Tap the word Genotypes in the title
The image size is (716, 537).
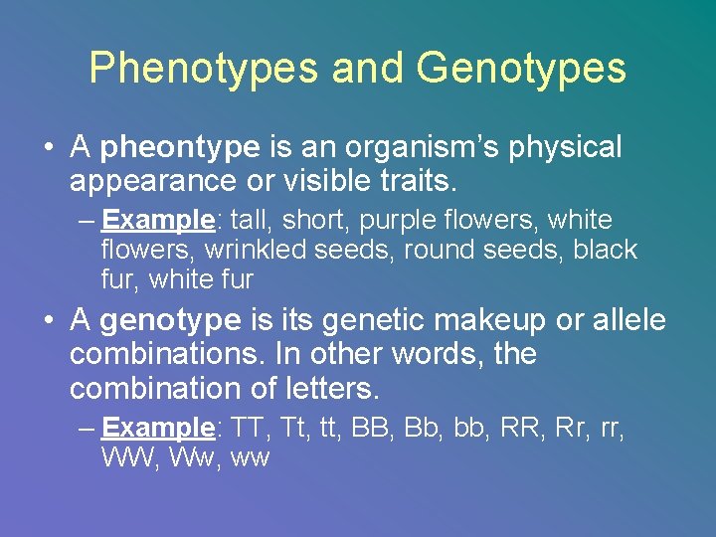tap(522, 68)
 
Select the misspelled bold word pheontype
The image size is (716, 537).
tap(180, 148)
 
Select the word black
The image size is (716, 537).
tap(605, 250)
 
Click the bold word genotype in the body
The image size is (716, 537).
tap(171, 320)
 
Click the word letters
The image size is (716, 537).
tap(328, 388)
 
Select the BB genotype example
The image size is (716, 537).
tap(376, 429)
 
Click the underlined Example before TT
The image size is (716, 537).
tap(157, 429)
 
